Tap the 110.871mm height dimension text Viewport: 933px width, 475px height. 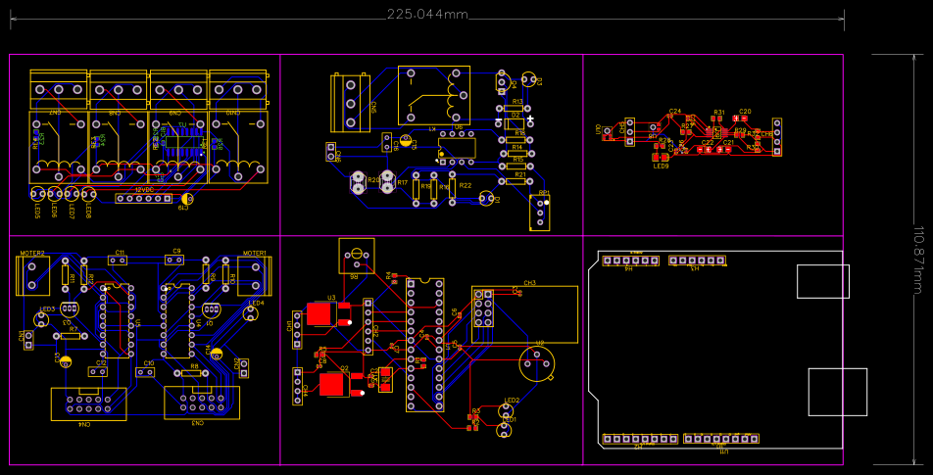pyautogui.click(x=919, y=260)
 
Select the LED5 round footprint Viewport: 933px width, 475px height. pyautogui.click(x=37, y=194)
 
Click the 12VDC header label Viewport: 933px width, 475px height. pyautogui.click(x=145, y=189)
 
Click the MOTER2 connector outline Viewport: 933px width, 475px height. pyautogui.click(x=32, y=276)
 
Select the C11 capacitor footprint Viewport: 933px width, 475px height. pyautogui.click(x=120, y=261)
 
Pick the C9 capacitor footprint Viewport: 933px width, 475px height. pyautogui.click(x=176, y=261)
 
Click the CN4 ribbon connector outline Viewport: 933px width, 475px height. pyautogui.click(x=89, y=404)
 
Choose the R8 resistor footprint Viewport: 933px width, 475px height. pyautogui.click(x=194, y=373)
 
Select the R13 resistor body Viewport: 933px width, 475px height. pyautogui.click(x=517, y=109)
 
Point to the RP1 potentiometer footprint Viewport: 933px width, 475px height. pyautogui.click(x=539, y=212)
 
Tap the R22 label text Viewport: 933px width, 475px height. pyautogui.click(x=466, y=185)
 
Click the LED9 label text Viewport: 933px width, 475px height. pyautogui.click(x=662, y=166)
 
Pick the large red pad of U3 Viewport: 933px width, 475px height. pyautogui.click(x=319, y=313)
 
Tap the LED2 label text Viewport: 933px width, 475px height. pyautogui.click(x=512, y=401)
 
